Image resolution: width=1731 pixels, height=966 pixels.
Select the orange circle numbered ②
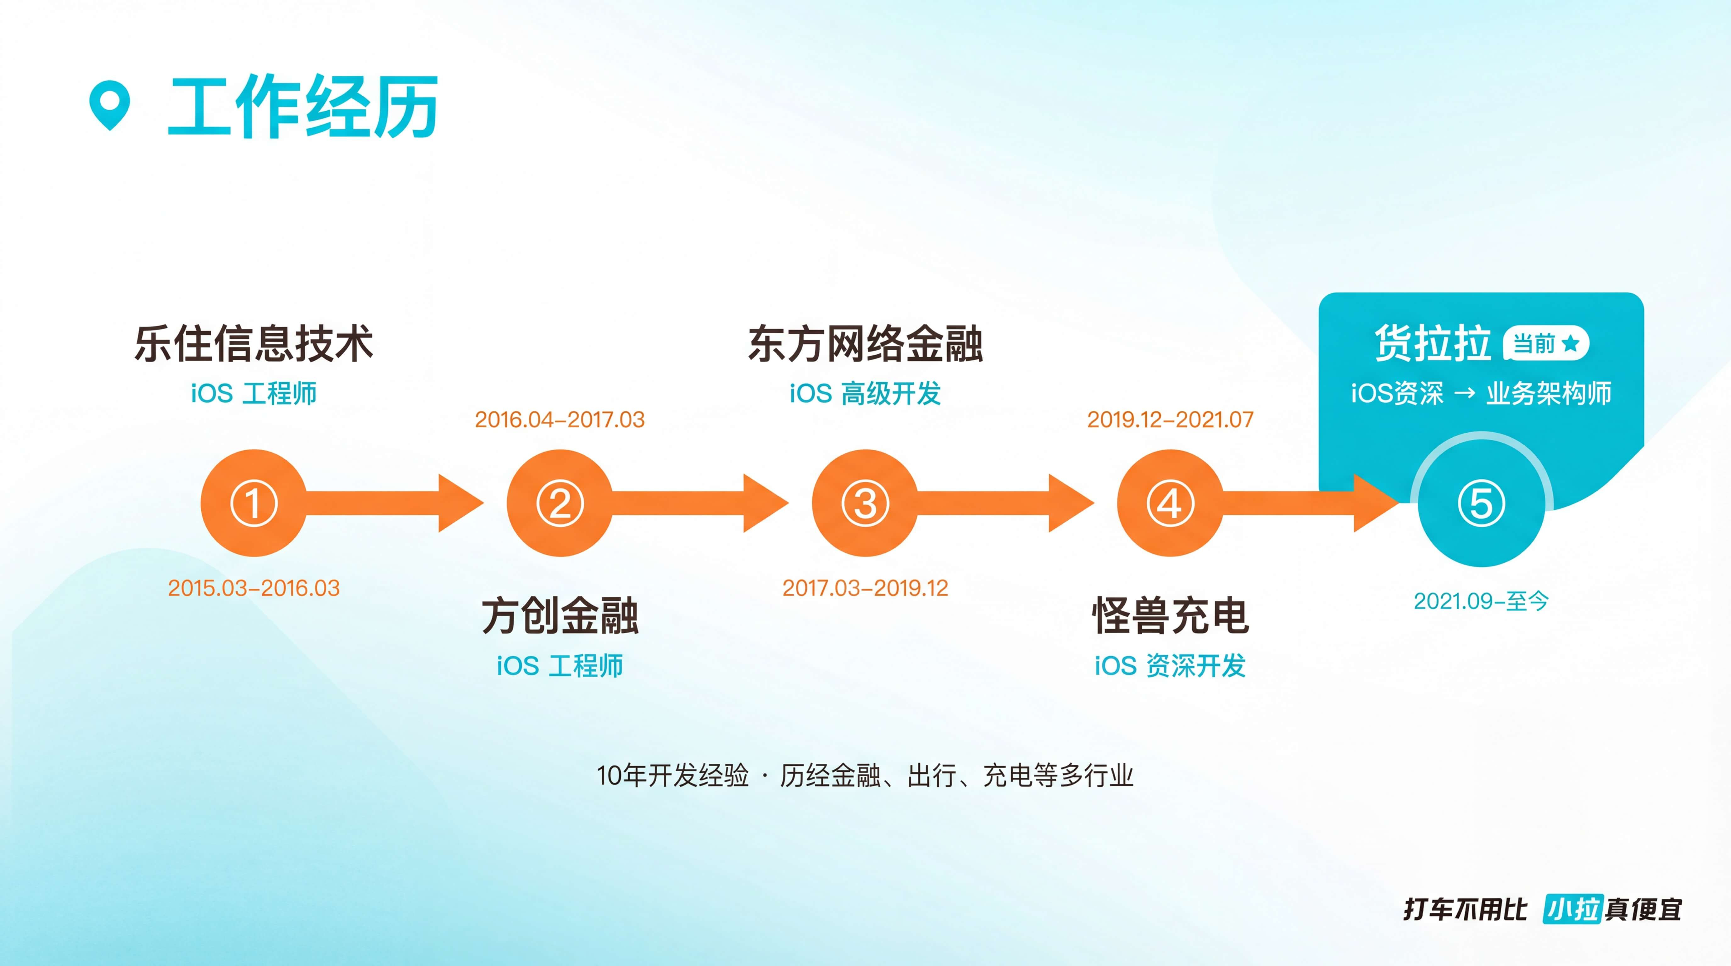coord(559,503)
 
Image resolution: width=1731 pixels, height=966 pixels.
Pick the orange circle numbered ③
coord(865,503)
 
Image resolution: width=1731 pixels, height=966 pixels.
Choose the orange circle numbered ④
coord(1170,503)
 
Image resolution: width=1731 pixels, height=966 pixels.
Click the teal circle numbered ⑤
coord(1481,503)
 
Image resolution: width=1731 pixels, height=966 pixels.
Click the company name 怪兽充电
coord(1170,615)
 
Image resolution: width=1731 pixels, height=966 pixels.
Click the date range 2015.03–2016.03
coord(254,588)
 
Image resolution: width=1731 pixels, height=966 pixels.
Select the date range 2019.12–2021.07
coord(1170,420)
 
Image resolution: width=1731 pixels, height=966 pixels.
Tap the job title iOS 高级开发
coord(865,394)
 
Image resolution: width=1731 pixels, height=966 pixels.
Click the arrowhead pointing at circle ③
coord(766,503)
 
